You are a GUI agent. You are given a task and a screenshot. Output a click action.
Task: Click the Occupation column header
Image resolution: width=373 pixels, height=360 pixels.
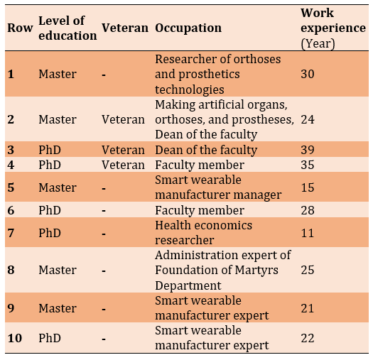[x=188, y=28]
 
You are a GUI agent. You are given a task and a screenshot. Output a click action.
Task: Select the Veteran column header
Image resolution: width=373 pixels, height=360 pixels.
[x=125, y=28]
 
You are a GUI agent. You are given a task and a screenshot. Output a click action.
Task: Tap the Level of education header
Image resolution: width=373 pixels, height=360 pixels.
[x=67, y=28]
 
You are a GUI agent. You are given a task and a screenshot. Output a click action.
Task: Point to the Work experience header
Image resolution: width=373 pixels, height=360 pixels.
[x=333, y=28]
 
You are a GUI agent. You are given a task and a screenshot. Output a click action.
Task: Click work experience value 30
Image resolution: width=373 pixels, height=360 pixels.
[x=308, y=74]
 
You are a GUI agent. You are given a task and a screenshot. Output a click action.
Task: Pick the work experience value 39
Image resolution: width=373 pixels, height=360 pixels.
[x=308, y=150]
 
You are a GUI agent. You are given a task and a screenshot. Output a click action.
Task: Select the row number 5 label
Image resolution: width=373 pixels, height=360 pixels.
[x=11, y=187]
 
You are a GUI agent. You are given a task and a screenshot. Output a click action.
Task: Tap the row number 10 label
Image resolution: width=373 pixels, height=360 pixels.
[x=15, y=338]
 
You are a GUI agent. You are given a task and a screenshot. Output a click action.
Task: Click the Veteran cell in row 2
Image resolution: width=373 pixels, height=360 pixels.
[x=123, y=119]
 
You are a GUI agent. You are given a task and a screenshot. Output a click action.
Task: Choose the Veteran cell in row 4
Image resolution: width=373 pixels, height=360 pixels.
[x=123, y=165]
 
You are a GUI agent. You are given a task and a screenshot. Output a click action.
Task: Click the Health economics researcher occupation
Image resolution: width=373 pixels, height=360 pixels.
[x=203, y=233]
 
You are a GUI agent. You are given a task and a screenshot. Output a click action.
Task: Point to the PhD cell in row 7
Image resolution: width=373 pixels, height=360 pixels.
[x=50, y=233]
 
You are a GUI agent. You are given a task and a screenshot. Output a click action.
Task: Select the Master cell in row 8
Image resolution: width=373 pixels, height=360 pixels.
[x=58, y=270]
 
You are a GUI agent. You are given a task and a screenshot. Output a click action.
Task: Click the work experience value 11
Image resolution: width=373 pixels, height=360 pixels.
[x=308, y=233]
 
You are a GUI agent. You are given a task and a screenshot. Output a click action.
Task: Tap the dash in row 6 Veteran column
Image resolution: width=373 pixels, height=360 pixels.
[x=104, y=211]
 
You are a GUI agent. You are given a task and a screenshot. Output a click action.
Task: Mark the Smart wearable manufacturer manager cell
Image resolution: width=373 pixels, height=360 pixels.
[x=218, y=187]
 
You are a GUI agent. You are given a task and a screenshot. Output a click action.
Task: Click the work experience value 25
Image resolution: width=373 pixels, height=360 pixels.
[x=308, y=270]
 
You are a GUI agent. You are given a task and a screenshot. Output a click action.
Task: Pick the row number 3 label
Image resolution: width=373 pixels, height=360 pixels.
[x=11, y=150]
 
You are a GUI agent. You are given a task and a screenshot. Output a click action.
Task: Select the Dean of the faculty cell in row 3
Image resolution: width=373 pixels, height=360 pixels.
[x=206, y=151]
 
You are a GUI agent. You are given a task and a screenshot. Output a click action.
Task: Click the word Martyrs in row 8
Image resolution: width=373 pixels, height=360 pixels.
[x=256, y=271]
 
